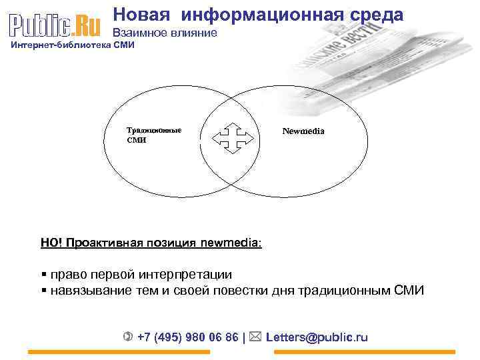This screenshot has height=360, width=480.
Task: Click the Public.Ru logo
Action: tap(55, 25)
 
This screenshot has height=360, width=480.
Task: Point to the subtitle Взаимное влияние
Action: tap(164, 33)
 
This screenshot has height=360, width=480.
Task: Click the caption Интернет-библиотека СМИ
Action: tap(72, 45)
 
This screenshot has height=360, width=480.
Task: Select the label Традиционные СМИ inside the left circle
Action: tap(153, 135)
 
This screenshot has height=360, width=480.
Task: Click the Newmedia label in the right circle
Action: tap(303, 131)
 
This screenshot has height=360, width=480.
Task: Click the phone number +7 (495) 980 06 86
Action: tap(187, 337)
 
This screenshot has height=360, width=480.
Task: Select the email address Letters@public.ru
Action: tap(317, 337)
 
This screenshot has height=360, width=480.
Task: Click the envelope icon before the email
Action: tap(257, 337)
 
